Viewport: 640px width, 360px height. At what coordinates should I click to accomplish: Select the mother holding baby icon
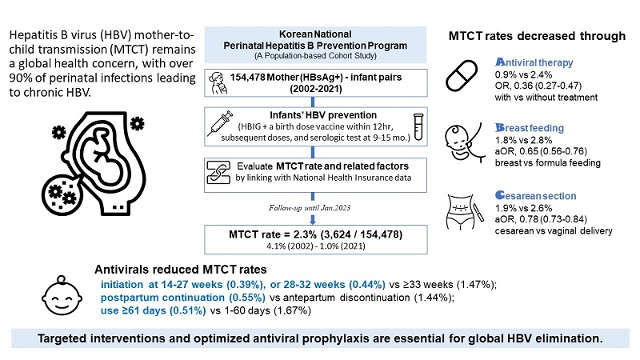(x=217, y=82)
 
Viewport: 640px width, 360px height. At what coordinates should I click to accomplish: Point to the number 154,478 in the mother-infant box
(x=249, y=77)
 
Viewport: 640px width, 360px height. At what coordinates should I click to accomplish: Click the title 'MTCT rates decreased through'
(x=537, y=35)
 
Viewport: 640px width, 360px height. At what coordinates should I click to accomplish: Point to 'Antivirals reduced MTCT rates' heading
(x=185, y=270)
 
